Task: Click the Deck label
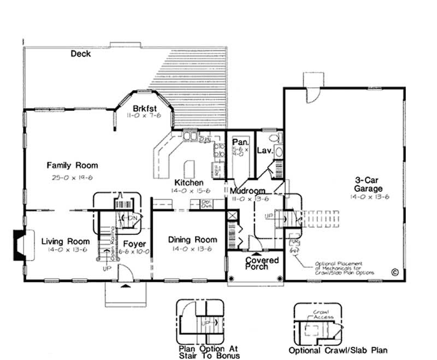click(80, 54)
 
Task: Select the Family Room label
click(72, 165)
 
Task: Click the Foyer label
click(134, 244)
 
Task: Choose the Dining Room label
click(192, 240)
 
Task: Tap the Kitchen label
click(189, 182)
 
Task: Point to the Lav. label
click(265, 150)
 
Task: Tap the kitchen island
click(190, 167)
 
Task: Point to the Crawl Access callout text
click(320, 314)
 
